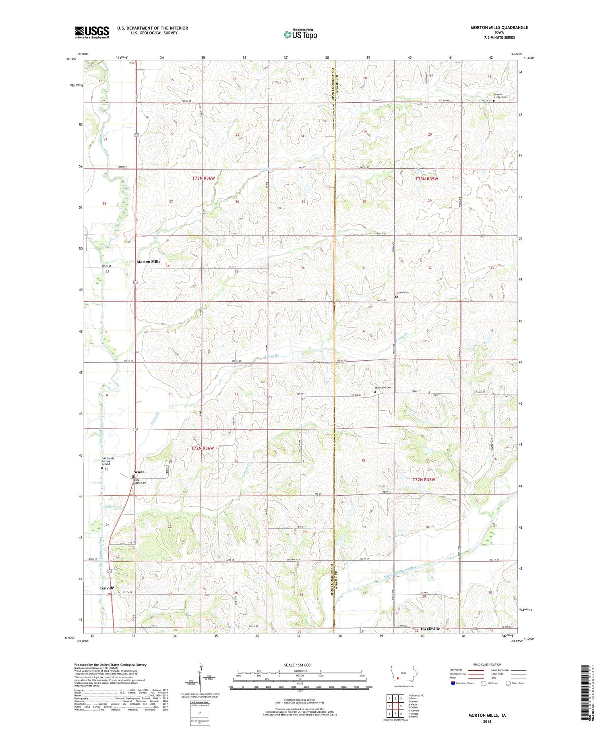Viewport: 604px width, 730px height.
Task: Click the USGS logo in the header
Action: (92, 32)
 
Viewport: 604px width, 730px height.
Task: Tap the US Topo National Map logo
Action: (300, 34)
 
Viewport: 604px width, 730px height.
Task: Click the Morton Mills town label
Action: (148, 262)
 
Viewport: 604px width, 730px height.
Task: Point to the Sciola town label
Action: (139, 472)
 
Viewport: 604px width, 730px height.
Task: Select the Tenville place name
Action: (107, 588)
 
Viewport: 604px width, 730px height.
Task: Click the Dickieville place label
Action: (430, 629)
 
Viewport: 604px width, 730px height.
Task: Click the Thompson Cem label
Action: (383, 387)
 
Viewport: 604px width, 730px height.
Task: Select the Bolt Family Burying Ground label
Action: (108, 461)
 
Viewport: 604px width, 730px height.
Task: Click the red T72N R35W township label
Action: (424, 480)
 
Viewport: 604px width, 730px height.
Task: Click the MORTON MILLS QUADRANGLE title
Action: (499, 27)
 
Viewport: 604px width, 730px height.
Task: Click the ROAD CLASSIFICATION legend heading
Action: (487, 664)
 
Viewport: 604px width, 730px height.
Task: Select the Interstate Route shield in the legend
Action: (453, 683)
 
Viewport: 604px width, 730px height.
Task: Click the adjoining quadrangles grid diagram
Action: (395, 706)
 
